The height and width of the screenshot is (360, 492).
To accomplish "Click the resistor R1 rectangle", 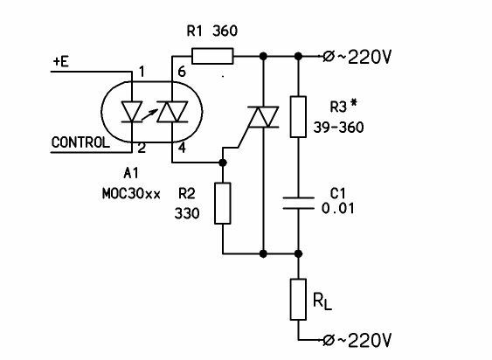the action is (212, 56).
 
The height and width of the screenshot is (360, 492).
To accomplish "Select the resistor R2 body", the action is (223, 204).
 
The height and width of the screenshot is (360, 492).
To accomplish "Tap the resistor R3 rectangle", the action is (298, 117).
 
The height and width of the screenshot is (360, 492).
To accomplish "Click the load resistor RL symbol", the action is (298, 300).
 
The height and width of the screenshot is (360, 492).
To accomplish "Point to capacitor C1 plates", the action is (298, 203).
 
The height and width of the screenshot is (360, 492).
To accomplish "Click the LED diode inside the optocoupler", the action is (132, 112).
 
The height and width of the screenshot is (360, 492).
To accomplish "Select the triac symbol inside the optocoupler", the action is (172, 112).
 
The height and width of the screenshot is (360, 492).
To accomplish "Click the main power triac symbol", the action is (263, 117).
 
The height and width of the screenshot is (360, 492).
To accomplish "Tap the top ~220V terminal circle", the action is (329, 57).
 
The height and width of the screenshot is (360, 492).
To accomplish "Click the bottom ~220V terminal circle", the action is (329, 340).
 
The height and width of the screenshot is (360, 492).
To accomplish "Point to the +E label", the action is (61, 61).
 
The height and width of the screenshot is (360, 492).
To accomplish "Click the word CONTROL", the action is (80, 142).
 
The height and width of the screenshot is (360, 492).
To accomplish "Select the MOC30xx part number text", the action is (131, 194).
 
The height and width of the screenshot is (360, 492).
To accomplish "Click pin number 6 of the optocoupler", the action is (182, 72).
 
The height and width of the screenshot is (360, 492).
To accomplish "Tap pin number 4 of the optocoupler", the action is (182, 148).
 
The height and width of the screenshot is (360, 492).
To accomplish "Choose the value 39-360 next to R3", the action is (338, 127).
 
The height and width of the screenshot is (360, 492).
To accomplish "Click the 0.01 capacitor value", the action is (338, 208).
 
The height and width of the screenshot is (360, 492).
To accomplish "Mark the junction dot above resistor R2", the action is (223, 163).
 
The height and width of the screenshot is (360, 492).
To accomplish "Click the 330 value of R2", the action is (187, 213).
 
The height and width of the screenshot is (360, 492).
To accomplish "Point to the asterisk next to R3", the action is (354, 104).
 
